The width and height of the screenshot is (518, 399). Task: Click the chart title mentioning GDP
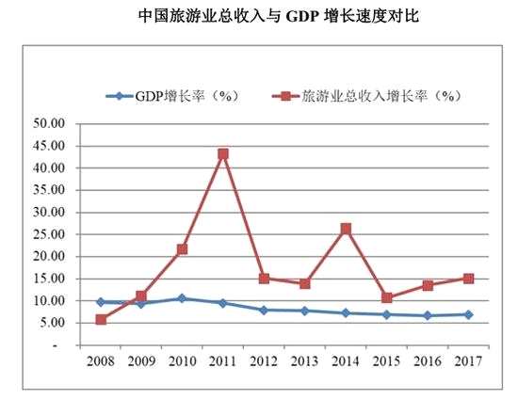pos(259,17)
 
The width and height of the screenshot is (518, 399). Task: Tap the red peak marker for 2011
pos(223,153)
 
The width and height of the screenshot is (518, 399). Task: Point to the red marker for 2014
pos(346,229)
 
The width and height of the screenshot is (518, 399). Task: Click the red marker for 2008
pos(101,320)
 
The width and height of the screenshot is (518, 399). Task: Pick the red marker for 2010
pos(182,249)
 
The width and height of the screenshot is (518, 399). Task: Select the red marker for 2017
pos(467,279)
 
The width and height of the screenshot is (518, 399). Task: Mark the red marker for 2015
pos(386,297)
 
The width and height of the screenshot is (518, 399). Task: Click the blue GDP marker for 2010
pos(182,298)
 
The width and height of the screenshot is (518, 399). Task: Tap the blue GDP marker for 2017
pos(467,314)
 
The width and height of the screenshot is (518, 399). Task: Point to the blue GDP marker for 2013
pos(304,311)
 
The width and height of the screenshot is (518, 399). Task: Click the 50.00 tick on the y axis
pos(51,123)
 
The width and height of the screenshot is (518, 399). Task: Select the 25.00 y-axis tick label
pos(51,234)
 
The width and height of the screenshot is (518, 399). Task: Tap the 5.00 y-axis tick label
pos(55,323)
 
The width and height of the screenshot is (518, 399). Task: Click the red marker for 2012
pos(264,279)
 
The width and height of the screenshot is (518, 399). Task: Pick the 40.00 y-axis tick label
pos(51,168)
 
